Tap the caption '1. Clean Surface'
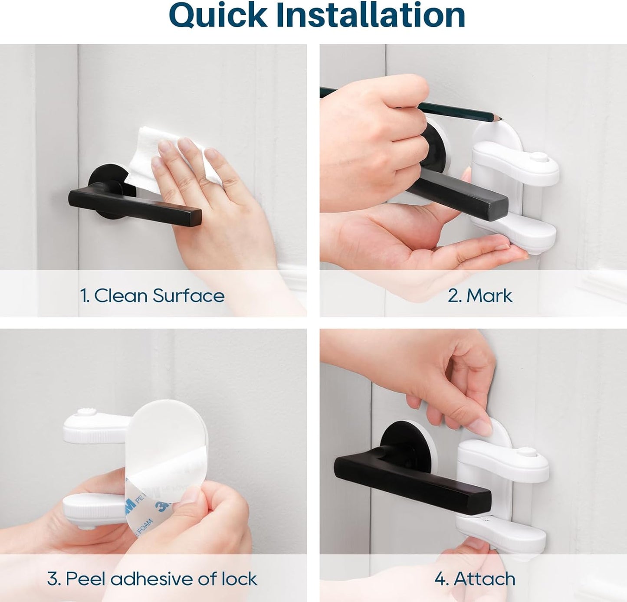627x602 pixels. pyautogui.click(x=152, y=296)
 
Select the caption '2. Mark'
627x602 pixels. pyautogui.click(x=479, y=296)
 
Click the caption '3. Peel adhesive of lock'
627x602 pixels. pyautogui.click(x=152, y=579)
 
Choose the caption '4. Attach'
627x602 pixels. pyautogui.click(x=475, y=579)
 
